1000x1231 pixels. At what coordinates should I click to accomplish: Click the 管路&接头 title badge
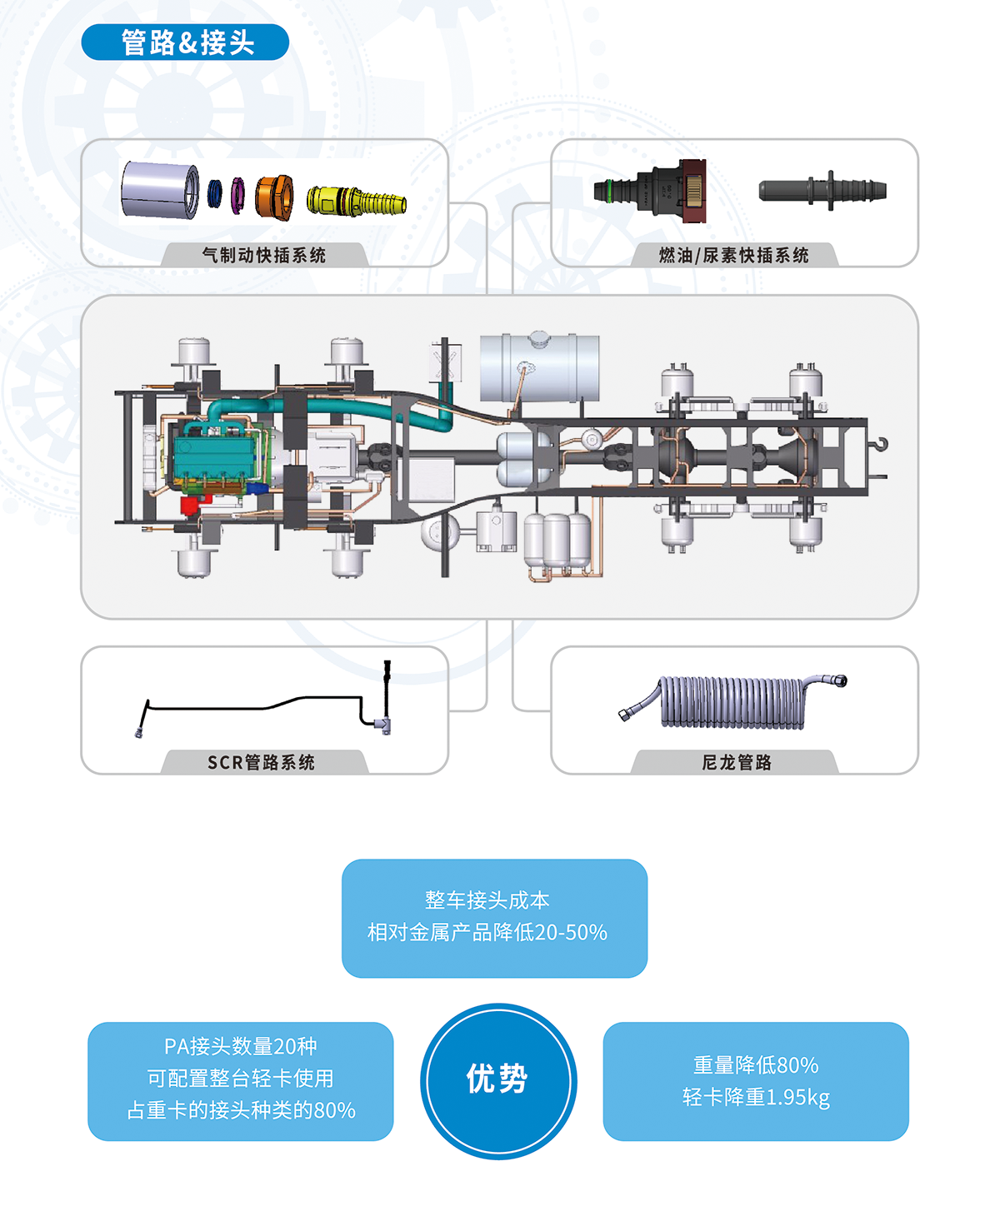click(x=185, y=42)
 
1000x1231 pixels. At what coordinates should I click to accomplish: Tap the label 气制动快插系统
click(x=264, y=256)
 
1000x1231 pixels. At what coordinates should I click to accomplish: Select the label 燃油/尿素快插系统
click(x=733, y=256)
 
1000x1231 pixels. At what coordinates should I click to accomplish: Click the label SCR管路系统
click(x=262, y=762)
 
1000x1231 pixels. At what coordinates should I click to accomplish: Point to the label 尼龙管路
click(x=737, y=762)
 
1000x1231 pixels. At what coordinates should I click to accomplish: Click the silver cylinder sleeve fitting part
click(x=160, y=191)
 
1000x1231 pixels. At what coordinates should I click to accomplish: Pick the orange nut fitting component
click(x=273, y=197)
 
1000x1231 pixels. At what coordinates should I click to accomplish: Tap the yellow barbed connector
click(x=356, y=201)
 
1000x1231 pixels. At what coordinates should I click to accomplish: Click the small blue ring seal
click(x=215, y=194)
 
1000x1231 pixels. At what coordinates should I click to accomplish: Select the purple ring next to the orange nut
click(x=237, y=195)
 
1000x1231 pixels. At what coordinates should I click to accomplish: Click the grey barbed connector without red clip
click(x=822, y=191)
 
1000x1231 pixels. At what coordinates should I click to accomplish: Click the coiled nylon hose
click(x=733, y=702)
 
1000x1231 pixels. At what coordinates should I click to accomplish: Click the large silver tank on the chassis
click(x=539, y=367)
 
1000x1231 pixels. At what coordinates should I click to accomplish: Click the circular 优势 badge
click(x=498, y=1080)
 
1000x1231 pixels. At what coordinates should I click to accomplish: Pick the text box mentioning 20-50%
click(x=494, y=918)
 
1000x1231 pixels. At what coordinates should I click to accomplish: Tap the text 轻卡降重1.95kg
click(x=756, y=1098)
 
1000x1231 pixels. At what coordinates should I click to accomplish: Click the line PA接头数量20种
click(x=240, y=1047)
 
